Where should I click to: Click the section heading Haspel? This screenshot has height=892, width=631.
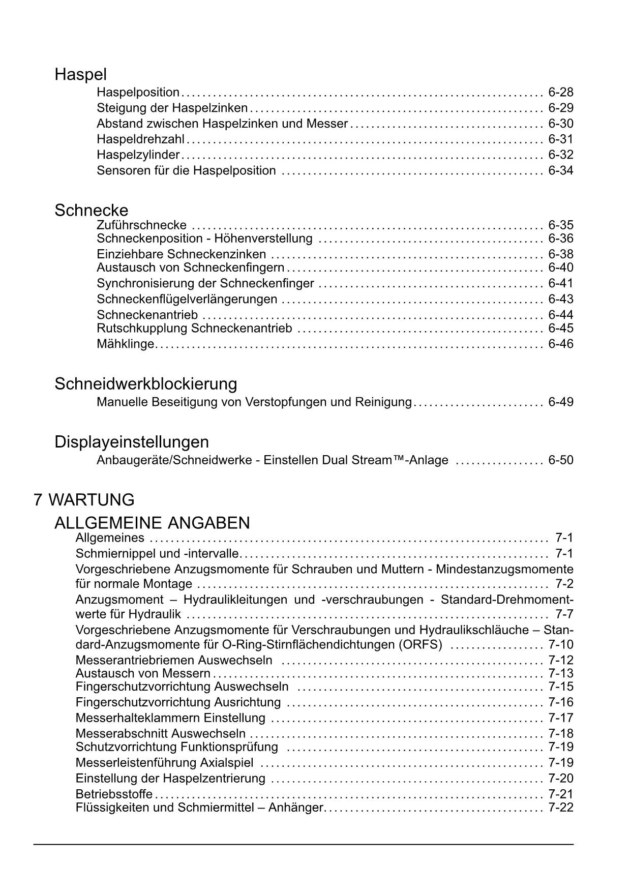(80, 75)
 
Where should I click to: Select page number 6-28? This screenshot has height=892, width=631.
(560, 92)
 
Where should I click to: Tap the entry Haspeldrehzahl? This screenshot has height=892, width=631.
(140, 139)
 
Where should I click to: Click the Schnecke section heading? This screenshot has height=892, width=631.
(92, 210)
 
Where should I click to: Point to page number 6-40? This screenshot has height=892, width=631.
(560, 267)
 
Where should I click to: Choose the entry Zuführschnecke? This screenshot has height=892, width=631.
(141, 225)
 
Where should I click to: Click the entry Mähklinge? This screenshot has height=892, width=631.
(125, 344)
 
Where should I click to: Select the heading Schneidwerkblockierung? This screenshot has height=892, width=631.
(146, 383)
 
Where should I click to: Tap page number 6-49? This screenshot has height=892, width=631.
(560, 402)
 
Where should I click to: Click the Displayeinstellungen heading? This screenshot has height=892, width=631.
(132, 441)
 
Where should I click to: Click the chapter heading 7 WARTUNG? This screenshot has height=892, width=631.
(84, 499)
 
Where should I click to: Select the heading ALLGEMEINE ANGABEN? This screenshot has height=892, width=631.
(152, 522)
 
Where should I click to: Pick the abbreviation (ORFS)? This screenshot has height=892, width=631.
(420, 645)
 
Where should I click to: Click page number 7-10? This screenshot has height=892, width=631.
(560, 645)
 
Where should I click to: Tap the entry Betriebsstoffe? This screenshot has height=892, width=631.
(114, 794)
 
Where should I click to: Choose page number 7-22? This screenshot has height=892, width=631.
(560, 807)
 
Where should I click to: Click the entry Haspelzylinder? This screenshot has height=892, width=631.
(138, 155)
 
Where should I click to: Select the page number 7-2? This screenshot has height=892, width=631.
(564, 584)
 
